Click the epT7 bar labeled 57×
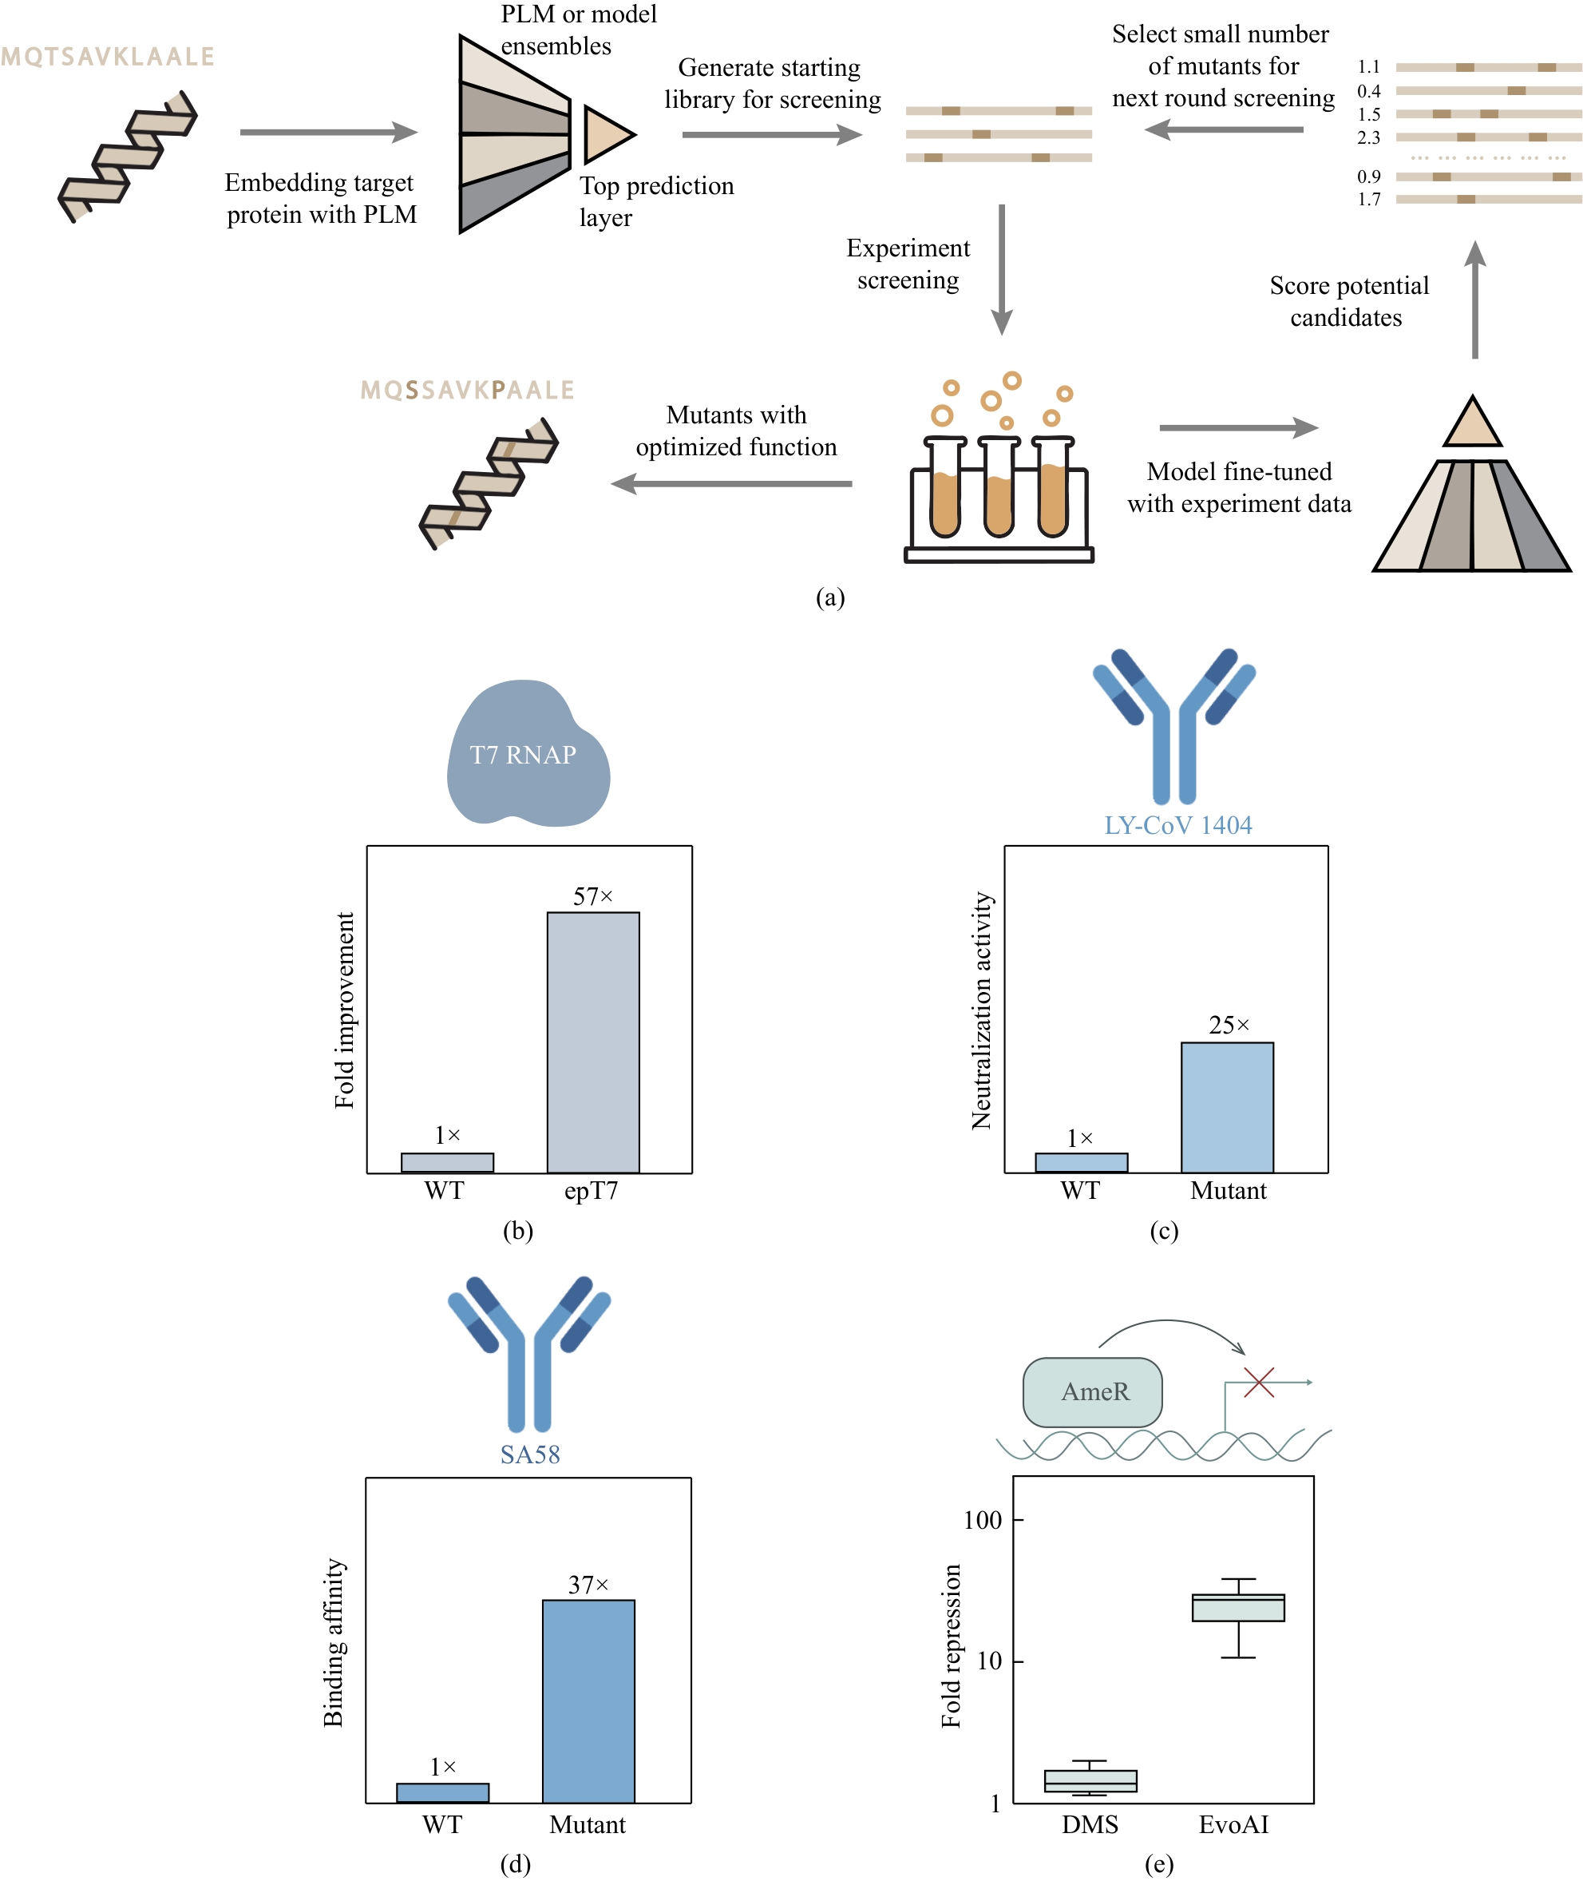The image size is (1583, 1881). (x=593, y=1042)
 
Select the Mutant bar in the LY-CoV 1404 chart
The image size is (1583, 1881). (x=1227, y=1106)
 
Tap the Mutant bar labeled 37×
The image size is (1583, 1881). (x=588, y=1700)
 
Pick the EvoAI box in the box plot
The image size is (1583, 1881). (x=1237, y=1607)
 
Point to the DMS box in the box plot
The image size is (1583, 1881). (x=1090, y=1780)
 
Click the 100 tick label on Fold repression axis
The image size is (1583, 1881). (x=982, y=1520)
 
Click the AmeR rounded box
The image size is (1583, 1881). (x=1093, y=1391)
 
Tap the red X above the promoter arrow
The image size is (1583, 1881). (x=1258, y=1383)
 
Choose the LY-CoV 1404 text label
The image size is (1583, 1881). (x=1177, y=825)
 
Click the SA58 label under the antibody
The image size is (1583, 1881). (x=529, y=1454)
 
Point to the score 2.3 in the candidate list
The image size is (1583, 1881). (x=1368, y=137)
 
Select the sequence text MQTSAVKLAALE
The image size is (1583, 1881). (x=108, y=58)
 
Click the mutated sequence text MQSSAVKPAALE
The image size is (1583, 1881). (x=467, y=391)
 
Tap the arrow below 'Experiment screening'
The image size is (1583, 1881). (x=1002, y=269)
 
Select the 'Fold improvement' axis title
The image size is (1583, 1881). (x=345, y=1010)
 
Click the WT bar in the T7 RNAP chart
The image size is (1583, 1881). (x=447, y=1162)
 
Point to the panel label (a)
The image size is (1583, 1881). (x=830, y=597)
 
